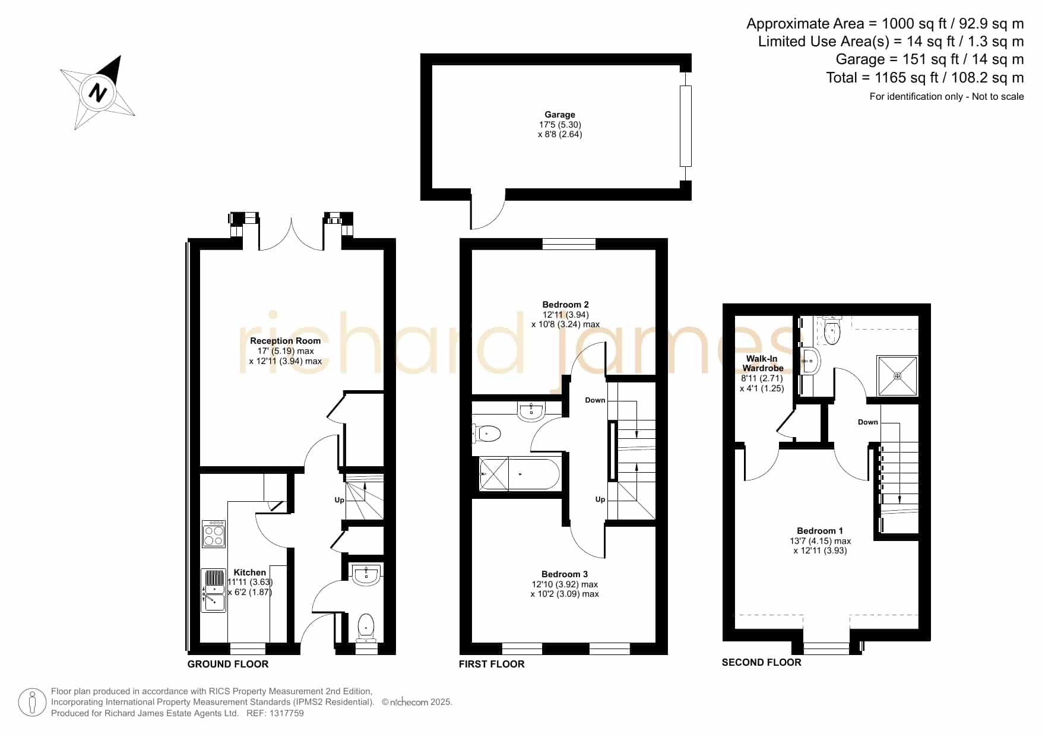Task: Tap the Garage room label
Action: pyautogui.click(x=560, y=115)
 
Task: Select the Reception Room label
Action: pyautogui.click(x=285, y=341)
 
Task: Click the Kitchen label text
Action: pyautogui.click(x=249, y=572)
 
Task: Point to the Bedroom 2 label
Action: pyautogui.click(x=565, y=305)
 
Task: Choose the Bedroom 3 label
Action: pyautogui.click(x=565, y=574)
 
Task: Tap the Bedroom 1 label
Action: pyautogui.click(x=820, y=531)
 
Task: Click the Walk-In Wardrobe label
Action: pyautogui.click(x=762, y=363)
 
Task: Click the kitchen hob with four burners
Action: pyautogui.click(x=214, y=534)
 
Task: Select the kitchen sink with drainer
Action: pyautogui.click(x=214, y=590)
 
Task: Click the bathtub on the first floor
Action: pyautogui.click(x=520, y=473)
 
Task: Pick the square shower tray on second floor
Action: pyautogui.click(x=897, y=375)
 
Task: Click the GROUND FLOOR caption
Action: pyautogui.click(x=228, y=664)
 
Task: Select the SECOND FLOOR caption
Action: pyautogui.click(x=761, y=662)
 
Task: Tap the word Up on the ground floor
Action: pyautogui.click(x=339, y=500)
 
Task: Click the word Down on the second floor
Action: pyautogui.click(x=867, y=422)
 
